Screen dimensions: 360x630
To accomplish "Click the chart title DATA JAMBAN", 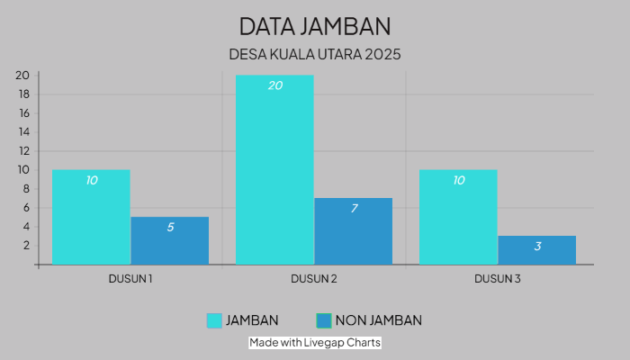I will (315, 24).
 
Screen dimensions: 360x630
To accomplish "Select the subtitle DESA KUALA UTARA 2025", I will (315, 54).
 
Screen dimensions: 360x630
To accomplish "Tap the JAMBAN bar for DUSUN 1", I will (91, 220).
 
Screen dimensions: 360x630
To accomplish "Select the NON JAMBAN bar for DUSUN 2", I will (353, 234).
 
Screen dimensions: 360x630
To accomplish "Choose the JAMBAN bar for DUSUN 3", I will (458, 220).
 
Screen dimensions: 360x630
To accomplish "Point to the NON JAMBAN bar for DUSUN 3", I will (536, 252).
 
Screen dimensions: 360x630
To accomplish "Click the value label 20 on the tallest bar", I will (274, 85).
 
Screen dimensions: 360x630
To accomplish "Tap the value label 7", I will (354, 208).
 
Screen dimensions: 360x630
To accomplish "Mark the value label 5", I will (170, 227).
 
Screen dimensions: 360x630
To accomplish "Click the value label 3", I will (537, 246).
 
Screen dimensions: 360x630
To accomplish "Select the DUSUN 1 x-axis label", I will (130, 279).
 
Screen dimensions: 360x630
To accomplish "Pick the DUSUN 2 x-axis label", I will (314, 279).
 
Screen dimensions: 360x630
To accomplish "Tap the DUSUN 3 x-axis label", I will (498, 279).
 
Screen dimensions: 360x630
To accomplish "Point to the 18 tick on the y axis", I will (24, 94).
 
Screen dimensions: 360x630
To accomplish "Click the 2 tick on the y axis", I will (27, 245).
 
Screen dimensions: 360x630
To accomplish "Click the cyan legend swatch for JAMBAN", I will (214, 320).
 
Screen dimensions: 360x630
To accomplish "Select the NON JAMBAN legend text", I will (378, 320).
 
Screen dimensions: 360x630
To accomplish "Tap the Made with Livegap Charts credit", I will (315, 343).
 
